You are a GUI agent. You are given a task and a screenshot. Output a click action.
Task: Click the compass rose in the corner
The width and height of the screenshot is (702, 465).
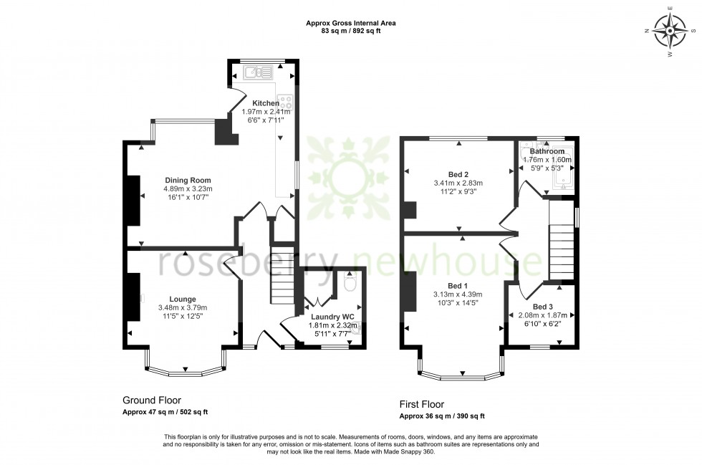pos(671,31)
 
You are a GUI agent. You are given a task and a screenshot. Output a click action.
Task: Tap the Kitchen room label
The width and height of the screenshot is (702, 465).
pos(260,103)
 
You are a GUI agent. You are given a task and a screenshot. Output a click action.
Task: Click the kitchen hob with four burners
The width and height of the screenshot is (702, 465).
pos(284,102)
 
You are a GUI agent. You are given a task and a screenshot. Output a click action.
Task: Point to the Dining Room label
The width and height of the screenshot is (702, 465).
pos(188,180)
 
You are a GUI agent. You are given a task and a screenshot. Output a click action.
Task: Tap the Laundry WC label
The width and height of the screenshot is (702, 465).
pos(330,316)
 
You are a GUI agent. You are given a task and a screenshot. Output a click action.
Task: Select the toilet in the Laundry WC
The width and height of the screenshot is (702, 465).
pos(350,284)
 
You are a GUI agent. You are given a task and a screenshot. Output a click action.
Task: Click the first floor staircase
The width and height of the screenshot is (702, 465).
pos(562,252)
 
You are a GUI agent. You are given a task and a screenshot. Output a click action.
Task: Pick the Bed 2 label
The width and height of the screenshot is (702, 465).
pos(458,174)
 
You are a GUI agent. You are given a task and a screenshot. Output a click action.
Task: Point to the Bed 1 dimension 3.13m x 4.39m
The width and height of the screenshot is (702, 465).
pos(458,294)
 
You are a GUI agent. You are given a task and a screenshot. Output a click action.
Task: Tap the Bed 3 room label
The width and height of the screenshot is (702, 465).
pos(542,307)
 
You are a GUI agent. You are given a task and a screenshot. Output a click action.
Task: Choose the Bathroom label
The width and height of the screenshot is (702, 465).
pos(547,152)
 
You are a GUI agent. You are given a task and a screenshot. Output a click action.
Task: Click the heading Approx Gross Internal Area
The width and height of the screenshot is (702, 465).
pos(351,23)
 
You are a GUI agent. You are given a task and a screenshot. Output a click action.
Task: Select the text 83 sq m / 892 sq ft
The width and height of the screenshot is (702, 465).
pos(351,31)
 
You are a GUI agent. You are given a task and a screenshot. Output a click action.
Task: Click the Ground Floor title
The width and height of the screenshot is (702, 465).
pos(152,401)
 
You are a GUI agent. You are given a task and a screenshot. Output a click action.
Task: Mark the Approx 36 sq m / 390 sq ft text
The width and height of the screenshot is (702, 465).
pos(442,416)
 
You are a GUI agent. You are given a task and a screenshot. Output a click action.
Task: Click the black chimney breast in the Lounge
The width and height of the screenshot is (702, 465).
pos(134,297)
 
